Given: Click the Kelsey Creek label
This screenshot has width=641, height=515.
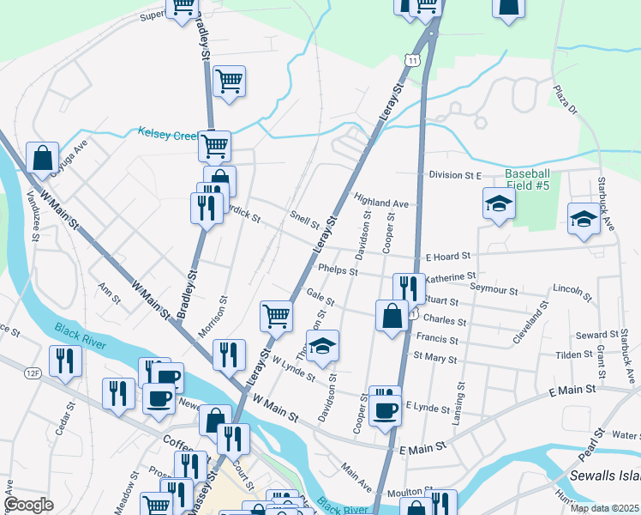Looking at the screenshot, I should pos(167,133).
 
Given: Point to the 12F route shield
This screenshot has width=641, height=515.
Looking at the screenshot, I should pos(33,372).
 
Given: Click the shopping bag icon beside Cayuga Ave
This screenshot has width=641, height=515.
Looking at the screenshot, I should pos(42,158).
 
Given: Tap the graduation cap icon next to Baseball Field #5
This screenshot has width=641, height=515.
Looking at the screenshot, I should pos(499,203).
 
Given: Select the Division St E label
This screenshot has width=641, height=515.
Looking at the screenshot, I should pos(457,175).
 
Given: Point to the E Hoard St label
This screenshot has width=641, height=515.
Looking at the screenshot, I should pos(449,256).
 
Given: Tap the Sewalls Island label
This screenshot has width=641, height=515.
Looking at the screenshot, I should pos(605,476).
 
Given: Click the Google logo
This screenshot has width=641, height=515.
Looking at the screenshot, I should pos(28,505).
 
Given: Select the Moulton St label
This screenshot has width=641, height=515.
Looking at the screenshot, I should pos(410,491).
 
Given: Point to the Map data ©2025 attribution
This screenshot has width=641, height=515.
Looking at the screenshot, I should pos(603,508).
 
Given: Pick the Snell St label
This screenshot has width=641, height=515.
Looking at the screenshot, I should pos(304,220).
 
